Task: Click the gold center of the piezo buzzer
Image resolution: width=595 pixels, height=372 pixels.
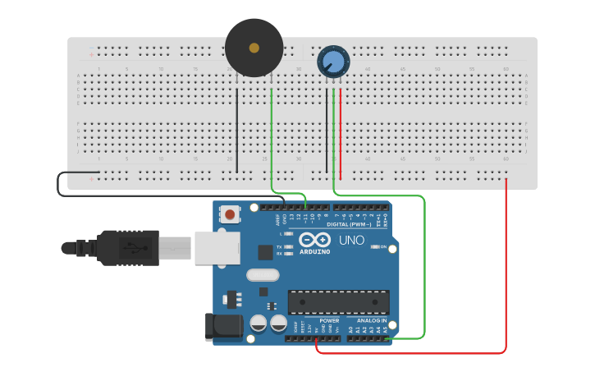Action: click(254, 48)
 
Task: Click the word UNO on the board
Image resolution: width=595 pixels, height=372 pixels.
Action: click(352, 241)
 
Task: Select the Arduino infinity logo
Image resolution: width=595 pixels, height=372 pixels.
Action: click(315, 240)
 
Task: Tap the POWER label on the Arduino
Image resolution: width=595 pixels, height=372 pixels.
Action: click(329, 320)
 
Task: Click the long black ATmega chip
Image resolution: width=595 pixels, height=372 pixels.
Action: click(338, 301)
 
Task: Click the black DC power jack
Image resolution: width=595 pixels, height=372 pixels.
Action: click(225, 327)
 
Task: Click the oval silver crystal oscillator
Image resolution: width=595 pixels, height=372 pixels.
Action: click(263, 276)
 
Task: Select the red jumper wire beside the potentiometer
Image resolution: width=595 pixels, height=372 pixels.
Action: click(341, 131)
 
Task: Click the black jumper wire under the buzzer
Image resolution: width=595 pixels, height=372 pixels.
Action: click(237, 131)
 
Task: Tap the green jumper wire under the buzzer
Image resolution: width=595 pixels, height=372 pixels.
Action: click(272, 131)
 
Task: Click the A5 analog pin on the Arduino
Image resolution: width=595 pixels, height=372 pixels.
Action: click(385, 338)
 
